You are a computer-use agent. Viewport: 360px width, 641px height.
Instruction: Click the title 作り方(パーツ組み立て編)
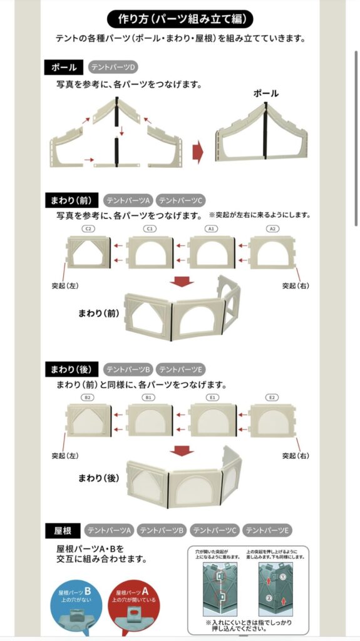coord(180,18)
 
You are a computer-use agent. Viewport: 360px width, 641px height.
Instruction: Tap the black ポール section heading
coord(64,67)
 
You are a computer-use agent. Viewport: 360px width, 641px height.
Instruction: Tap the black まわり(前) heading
coord(71,200)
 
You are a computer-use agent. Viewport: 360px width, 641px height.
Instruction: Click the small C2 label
coord(88,229)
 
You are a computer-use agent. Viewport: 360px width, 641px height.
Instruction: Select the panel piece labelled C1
coord(150,253)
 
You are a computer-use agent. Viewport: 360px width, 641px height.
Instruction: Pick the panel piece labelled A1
coord(211,253)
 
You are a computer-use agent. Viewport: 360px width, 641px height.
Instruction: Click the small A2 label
coord(273,229)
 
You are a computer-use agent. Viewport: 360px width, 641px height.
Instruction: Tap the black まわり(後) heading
coord(71,369)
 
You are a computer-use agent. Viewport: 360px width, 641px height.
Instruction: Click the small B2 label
coord(88,397)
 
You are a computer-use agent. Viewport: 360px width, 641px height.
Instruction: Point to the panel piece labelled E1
coord(212,420)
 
